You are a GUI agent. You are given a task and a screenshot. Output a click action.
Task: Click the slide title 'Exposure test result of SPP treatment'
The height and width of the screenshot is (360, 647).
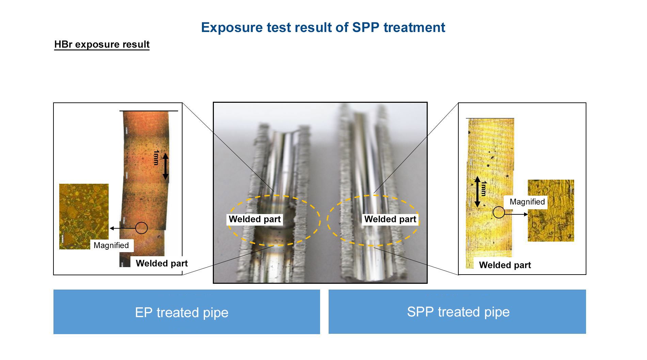click(323, 28)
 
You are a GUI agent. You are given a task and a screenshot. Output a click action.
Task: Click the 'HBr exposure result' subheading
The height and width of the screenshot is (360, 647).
click(102, 44)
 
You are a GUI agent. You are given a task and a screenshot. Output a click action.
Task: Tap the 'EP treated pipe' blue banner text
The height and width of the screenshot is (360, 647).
click(182, 312)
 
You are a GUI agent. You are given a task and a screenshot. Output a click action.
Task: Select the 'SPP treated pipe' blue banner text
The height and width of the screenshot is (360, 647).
click(458, 312)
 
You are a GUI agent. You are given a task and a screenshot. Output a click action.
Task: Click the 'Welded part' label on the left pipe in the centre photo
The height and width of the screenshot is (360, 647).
click(255, 219)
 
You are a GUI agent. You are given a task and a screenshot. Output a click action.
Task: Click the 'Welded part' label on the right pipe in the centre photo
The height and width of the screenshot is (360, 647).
click(390, 219)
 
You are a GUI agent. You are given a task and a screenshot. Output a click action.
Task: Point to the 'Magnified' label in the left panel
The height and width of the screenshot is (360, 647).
click(111, 245)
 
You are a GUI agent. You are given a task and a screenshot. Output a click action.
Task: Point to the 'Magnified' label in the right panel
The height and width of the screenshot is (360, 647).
click(527, 202)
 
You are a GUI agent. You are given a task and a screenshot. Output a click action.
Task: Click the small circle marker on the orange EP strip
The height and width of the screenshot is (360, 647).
click(141, 228)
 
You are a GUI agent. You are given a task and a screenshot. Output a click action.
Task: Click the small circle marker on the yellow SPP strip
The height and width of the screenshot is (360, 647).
click(499, 212)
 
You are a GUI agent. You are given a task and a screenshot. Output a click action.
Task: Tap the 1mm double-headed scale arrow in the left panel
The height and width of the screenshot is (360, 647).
click(165, 166)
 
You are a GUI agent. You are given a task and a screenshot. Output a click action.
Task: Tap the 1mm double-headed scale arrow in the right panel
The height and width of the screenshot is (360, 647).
click(477, 192)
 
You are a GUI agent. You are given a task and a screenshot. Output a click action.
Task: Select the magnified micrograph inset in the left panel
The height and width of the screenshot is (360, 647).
click(84, 216)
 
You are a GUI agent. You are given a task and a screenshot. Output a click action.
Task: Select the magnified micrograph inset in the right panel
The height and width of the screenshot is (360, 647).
click(551, 211)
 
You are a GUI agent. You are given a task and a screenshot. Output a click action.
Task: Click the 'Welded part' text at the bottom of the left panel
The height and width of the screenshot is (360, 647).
click(162, 263)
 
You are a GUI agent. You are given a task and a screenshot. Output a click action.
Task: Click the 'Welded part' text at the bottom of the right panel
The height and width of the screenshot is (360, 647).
click(505, 265)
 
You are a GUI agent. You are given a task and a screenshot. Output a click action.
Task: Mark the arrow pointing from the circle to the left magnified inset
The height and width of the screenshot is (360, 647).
click(123, 228)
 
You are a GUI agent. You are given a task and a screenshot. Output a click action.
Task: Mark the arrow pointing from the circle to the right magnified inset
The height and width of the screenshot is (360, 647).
click(516, 214)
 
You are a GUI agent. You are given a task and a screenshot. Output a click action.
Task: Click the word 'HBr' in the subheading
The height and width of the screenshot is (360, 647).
click(63, 44)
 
